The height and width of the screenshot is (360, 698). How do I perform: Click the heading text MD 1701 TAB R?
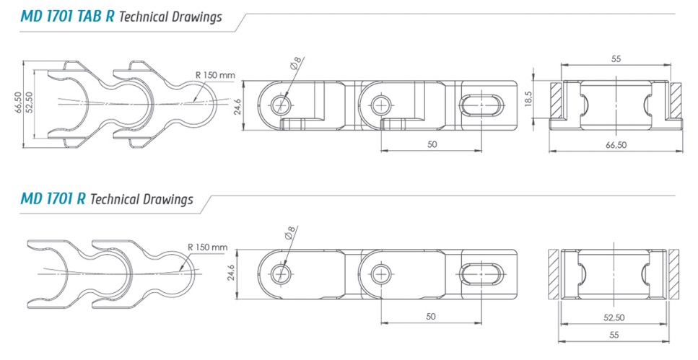tap(67, 17)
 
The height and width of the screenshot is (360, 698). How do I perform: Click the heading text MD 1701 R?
tap(53, 198)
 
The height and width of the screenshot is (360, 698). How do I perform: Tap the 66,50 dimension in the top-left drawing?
tap(19, 102)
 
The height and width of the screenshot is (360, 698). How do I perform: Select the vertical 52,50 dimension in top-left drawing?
tap(30, 102)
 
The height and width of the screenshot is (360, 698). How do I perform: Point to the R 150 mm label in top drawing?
tap(215, 75)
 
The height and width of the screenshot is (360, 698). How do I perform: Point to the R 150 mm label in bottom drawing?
tap(207, 247)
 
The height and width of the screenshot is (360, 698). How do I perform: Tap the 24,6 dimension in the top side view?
tap(237, 107)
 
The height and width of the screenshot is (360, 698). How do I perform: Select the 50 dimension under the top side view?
tap(432, 144)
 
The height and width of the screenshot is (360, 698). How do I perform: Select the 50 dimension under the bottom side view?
tap(430, 317)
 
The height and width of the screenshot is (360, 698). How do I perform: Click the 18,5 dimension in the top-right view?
tap(528, 100)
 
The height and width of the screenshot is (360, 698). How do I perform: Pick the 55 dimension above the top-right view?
tap(616, 58)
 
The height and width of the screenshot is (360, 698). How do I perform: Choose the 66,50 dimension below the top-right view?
tap(616, 145)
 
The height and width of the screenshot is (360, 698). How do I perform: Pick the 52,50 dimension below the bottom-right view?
tap(614, 317)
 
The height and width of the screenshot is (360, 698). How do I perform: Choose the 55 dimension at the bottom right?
tap(614, 335)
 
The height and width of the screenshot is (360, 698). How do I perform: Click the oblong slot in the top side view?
tap(481, 106)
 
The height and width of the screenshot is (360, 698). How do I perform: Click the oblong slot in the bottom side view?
tap(481, 274)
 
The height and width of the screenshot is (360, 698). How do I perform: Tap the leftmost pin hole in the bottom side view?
tap(281, 274)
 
